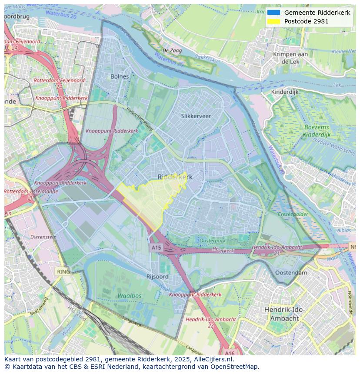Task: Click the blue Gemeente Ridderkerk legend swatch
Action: click(273, 13)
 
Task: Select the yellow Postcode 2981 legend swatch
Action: click(273, 21)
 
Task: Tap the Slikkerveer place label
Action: click(196, 116)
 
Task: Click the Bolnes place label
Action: click(120, 76)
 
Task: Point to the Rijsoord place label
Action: click(157, 276)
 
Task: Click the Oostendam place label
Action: click(291, 273)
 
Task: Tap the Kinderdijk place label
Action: click(285, 92)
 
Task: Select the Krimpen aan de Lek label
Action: click(290, 58)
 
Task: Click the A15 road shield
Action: click(156, 247)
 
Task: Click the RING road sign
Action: click(63, 271)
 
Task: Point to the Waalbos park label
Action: click(129, 295)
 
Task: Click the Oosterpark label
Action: click(212, 241)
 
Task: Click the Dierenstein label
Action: click(43, 237)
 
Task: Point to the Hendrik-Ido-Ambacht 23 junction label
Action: click(211, 322)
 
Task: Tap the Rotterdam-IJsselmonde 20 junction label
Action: click(20, 194)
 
